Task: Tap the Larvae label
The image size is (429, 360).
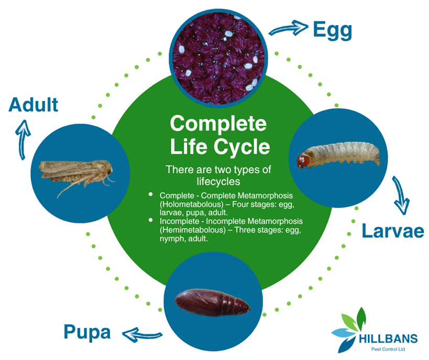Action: [392, 231]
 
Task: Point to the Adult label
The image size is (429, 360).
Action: [34, 105]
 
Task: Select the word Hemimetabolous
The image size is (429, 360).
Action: [190, 230]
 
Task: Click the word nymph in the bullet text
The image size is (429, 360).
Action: [173, 238]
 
